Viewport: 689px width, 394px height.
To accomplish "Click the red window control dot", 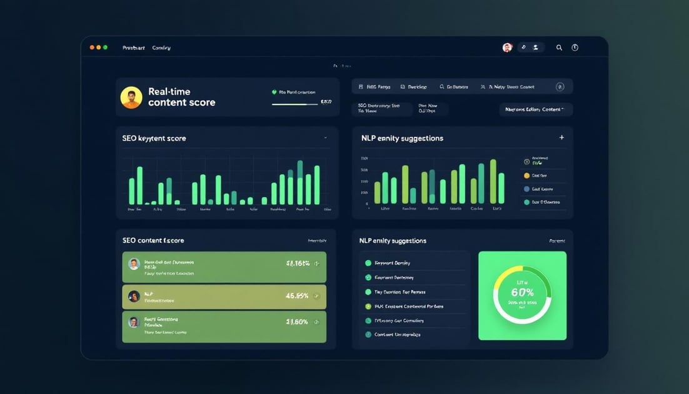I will tap(92, 48).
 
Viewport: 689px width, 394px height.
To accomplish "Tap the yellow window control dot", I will tap(99, 48).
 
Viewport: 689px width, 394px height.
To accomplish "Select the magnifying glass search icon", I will tap(559, 48).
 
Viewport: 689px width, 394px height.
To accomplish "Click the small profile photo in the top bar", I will tap(507, 48).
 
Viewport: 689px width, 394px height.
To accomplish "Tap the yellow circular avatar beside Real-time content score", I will tap(131, 98).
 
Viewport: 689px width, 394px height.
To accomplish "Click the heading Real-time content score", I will tap(181, 97).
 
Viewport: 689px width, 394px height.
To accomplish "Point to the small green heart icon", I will tap(274, 92).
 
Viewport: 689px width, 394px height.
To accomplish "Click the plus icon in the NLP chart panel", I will tap(561, 138).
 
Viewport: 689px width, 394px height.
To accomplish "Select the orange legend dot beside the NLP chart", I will tap(526, 176).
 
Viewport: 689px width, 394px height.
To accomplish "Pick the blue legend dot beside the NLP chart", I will tap(526, 189).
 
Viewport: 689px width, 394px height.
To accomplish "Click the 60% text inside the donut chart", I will tap(522, 292).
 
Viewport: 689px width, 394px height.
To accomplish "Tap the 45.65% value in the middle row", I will tap(297, 296).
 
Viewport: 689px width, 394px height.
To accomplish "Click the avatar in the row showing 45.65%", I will tap(133, 296).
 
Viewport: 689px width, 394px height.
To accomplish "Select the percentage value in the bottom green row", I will tap(297, 322).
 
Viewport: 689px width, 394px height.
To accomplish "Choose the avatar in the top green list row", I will tap(133, 263).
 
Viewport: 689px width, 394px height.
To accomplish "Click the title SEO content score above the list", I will tap(153, 240).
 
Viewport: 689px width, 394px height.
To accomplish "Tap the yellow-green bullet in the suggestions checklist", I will tap(368, 306).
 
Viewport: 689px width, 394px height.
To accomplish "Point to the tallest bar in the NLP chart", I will tap(493, 181).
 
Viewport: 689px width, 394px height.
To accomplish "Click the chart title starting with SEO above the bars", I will tap(154, 138).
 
